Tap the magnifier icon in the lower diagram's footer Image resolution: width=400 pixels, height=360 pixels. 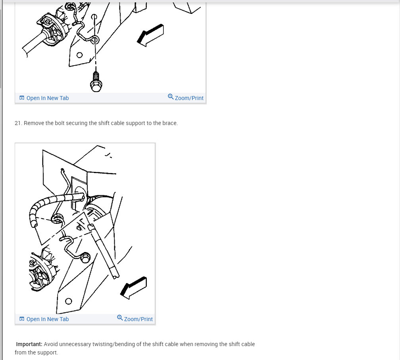(x=120, y=318)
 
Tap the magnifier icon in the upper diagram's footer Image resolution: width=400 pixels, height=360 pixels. (x=171, y=97)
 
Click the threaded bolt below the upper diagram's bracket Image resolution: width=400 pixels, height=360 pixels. (x=96, y=82)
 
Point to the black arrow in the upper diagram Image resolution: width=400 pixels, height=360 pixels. (x=151, y=35)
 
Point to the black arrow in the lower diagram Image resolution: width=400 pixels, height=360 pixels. (x=134, y=287)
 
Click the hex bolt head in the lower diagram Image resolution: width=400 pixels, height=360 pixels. (x=85, y=258)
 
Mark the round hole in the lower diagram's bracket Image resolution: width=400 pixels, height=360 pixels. (x=68, y=301)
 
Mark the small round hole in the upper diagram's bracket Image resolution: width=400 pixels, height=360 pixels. (x=80, y=55)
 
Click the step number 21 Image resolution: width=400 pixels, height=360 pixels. (x=18, y=123)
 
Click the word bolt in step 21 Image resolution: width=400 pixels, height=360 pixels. (x=60, y=123)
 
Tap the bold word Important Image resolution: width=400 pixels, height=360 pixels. (x=29, y=344)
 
